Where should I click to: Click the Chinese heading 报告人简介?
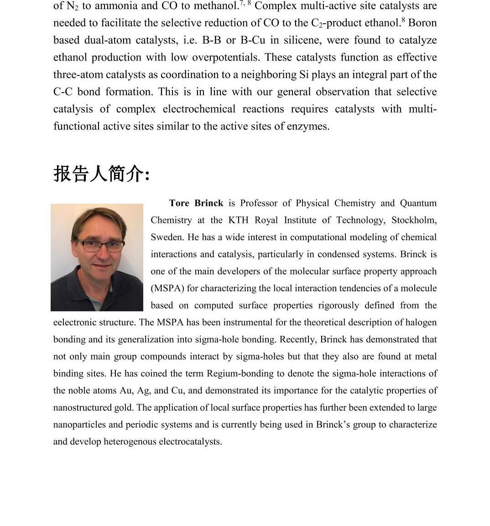101,174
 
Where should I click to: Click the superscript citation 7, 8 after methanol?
245,3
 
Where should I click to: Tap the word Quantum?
418,203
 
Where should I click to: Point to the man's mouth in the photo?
102,265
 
